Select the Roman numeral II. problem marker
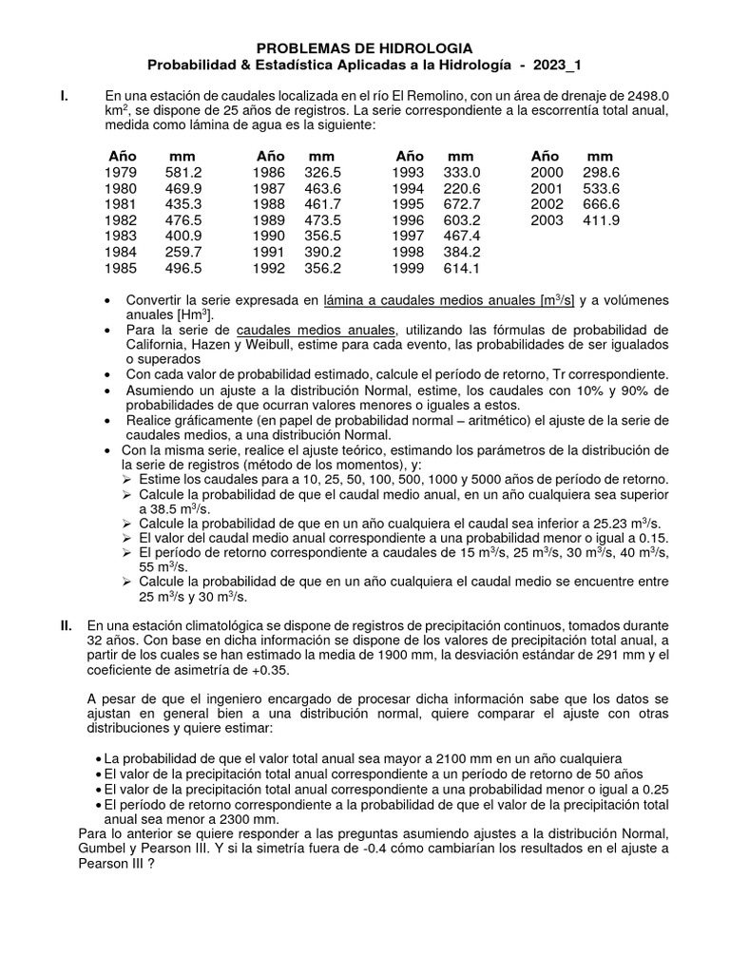pos(66,625)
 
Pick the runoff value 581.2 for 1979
pos(182,172)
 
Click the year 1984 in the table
pos(122,252)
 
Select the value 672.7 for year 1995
pos(462,204)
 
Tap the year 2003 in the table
pos(547,220)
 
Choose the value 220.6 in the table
pos(462,188)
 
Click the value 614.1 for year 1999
pos(462,268)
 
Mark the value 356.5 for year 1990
pos(323,236)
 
